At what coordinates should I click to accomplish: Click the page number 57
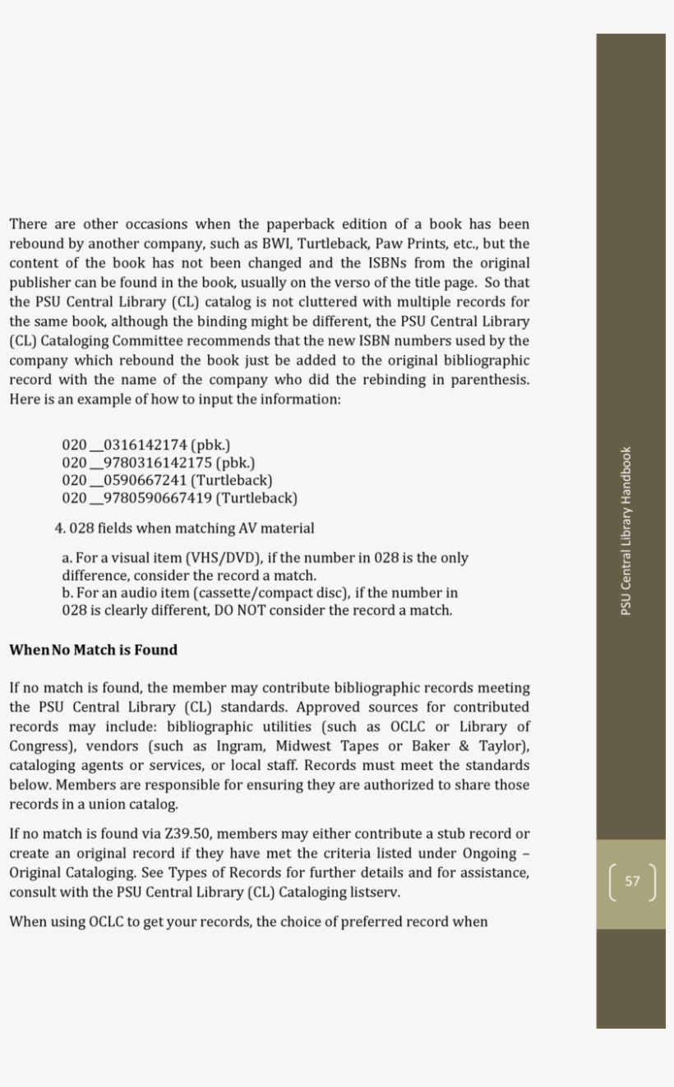point(631,882)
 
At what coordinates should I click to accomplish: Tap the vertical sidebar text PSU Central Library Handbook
point(626,530)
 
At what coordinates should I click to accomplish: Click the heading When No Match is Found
point(93,650)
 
